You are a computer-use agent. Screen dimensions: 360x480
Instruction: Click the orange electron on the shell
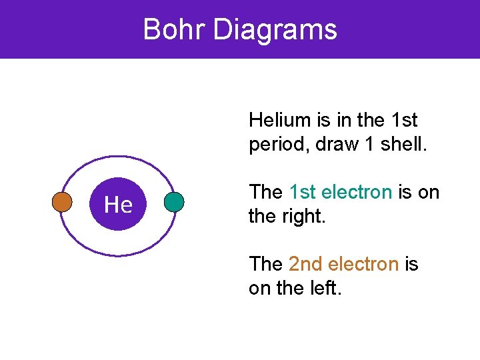click(62, 202)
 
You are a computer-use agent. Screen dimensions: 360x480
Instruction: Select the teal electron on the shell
click(174, 202)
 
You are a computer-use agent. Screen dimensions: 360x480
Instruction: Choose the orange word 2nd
click(305, 264)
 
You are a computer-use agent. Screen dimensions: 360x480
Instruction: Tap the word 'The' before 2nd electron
click(265, 264)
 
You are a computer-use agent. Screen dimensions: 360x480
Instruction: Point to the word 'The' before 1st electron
click(265, 192)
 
